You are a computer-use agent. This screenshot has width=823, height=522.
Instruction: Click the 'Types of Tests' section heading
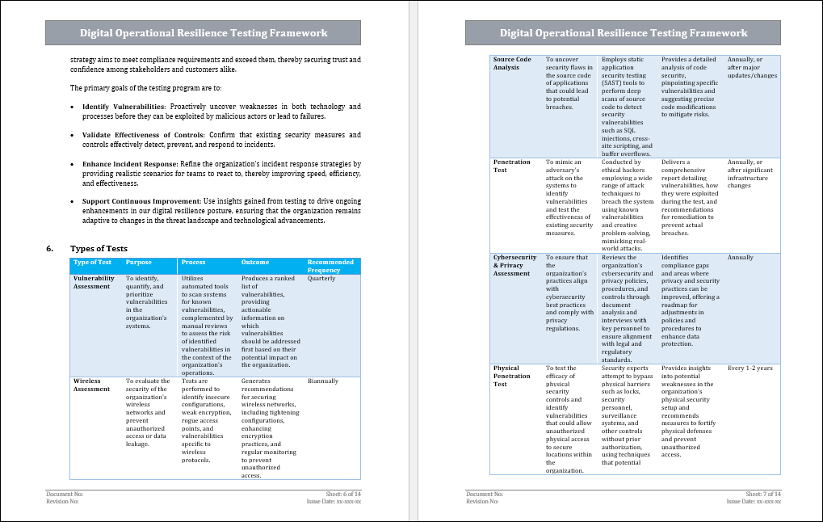99,248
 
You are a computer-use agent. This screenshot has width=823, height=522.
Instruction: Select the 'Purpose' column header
139,263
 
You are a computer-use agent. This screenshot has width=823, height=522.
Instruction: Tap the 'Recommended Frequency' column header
330,266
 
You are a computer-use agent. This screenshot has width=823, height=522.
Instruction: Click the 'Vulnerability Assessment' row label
94,282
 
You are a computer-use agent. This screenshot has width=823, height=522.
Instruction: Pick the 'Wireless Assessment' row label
91,385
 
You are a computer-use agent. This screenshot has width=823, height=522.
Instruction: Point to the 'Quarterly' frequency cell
321,278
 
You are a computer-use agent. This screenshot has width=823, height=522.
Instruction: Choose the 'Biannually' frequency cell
323,381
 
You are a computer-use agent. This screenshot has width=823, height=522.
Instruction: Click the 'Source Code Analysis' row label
512,63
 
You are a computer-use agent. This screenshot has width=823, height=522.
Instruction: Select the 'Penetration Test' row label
512,166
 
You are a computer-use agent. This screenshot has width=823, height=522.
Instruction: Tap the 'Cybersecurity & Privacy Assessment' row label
515,265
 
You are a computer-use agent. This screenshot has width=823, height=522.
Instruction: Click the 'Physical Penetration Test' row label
512,376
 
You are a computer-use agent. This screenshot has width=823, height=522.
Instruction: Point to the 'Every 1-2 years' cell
750,368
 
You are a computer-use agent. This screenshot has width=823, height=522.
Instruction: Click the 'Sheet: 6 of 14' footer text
342,493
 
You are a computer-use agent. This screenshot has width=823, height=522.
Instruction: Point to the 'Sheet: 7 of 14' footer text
762,493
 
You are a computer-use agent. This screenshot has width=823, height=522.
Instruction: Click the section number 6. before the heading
50,248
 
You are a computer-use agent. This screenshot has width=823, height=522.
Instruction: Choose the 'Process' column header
193,263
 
